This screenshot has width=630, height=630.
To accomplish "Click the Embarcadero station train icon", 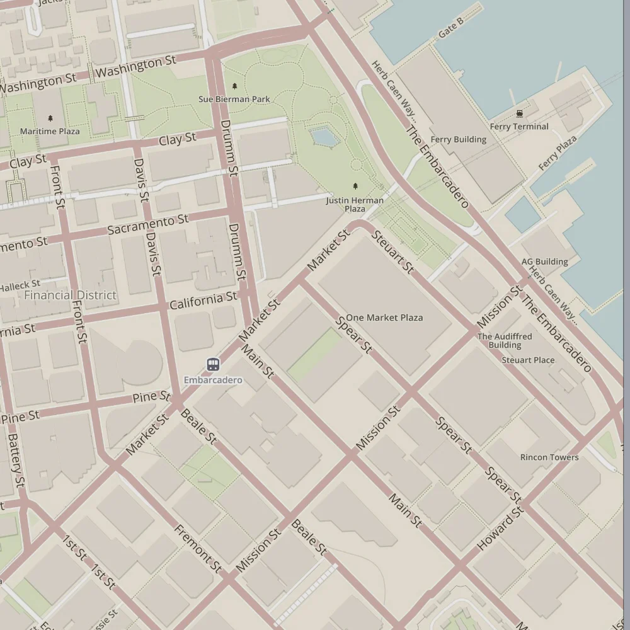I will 213,365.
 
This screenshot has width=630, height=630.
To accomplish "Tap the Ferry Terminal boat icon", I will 519,113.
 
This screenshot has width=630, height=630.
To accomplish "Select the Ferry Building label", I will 458,139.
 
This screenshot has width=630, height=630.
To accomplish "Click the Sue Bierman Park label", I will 234,99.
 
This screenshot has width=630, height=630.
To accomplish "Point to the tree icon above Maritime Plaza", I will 50,118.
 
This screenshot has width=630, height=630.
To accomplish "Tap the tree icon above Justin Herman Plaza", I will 355,186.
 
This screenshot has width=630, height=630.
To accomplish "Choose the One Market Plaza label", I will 384,318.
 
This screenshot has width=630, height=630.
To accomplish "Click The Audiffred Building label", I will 505,341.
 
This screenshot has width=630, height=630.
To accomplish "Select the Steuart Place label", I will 528,360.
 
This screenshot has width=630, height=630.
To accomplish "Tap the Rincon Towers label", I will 549,457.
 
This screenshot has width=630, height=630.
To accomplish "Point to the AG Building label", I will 544,261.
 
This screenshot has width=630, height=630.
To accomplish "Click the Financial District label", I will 70,295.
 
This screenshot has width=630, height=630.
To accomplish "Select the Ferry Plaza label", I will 558,153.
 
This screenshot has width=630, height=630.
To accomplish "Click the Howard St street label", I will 500,527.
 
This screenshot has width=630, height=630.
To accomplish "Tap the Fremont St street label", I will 198,549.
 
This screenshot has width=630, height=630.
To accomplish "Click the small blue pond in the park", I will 323,136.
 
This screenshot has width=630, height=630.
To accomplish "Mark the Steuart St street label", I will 392,252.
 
